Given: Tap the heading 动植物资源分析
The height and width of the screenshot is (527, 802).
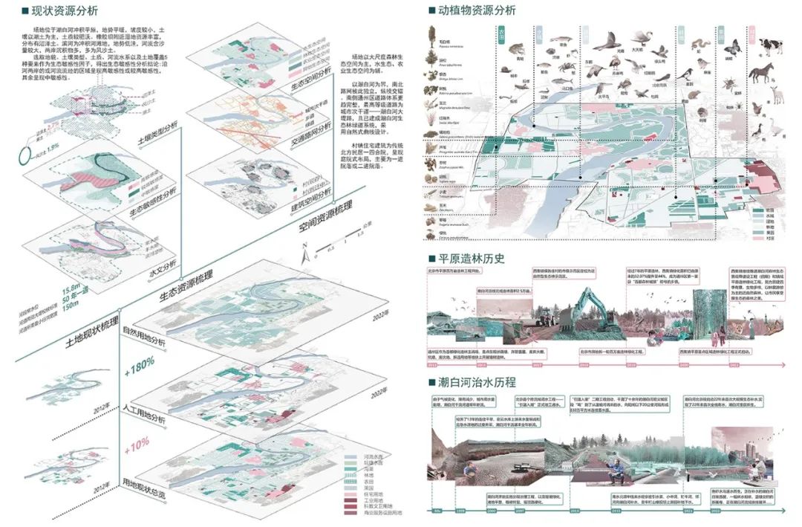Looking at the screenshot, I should click(475, 11).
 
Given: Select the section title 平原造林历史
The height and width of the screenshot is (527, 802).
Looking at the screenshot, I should click(471, 259).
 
